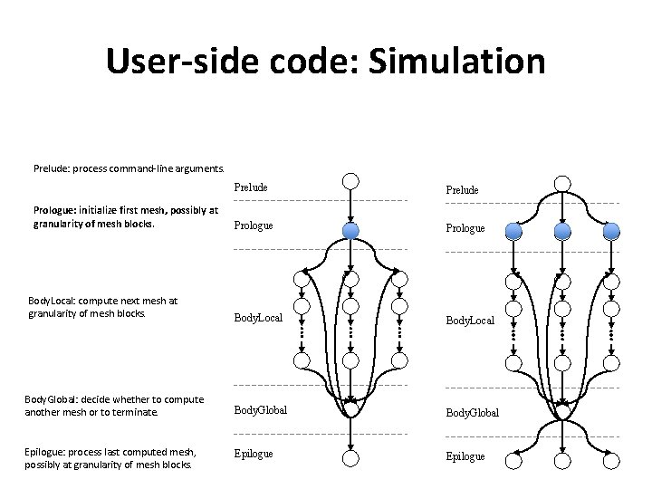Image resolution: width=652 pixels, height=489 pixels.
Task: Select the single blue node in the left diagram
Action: click(350, 231)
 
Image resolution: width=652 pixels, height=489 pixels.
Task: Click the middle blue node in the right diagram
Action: click(562, 231)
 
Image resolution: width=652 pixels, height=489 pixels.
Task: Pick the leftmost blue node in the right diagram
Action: click(513, 231)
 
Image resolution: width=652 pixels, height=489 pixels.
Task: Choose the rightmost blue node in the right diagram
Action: click(612, 231)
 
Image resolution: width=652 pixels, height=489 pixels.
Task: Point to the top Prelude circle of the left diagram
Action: click(350, 180)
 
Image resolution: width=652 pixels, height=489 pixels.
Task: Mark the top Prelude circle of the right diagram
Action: click(562, 180)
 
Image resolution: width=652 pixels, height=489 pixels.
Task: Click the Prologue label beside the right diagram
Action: click(465, 229)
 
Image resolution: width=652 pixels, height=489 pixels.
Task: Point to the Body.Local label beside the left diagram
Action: click(258, 319)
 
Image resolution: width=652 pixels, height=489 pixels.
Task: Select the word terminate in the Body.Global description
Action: click(133, 411)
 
